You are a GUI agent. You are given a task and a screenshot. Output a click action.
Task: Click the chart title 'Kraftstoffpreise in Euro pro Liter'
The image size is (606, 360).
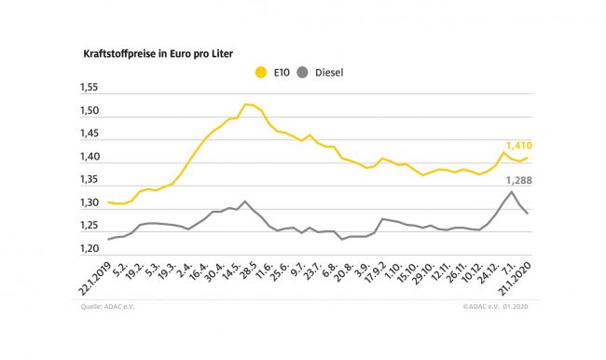[x=158, y=54]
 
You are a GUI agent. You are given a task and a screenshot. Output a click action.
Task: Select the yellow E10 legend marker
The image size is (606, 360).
[x=261, y=73]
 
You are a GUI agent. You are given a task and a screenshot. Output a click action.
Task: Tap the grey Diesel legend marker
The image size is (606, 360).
[x=302, y=73]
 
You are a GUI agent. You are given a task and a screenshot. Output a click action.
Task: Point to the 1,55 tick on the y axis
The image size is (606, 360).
[x=89, y=88]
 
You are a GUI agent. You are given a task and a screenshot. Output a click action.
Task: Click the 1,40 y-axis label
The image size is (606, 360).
[x=90, y=157]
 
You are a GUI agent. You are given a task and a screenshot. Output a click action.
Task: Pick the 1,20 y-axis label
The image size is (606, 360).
[x=90, y=249]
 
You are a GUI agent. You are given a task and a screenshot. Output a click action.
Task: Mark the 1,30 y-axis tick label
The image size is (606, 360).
[x=90, y=202]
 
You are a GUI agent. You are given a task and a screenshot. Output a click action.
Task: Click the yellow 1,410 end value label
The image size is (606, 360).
[x=519, y=145]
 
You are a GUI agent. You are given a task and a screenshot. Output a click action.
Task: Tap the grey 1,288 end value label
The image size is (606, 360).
[x=519, y=181]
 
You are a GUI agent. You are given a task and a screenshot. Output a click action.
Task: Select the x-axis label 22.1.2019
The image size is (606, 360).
[x=95, y=279]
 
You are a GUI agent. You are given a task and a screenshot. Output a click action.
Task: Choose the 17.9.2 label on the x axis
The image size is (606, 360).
[x=376, y=272]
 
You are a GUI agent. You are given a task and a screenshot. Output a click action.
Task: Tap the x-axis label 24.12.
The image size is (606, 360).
[x=489, y=272]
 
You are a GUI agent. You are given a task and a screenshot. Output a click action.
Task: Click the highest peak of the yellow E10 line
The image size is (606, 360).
[x=245, y=104]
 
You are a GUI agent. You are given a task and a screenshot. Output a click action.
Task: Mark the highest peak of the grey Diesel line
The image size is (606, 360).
[x=512, y=191]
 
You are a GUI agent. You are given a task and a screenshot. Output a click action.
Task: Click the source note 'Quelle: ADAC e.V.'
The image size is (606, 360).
[x=107, y=307]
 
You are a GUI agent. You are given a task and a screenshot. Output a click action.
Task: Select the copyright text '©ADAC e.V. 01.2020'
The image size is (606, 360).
[x=495, y=307]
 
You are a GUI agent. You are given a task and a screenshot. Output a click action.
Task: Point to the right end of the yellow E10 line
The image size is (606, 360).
[x=528, y=158]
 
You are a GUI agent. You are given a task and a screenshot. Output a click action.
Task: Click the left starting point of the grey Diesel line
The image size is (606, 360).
[x=108, y=240]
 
